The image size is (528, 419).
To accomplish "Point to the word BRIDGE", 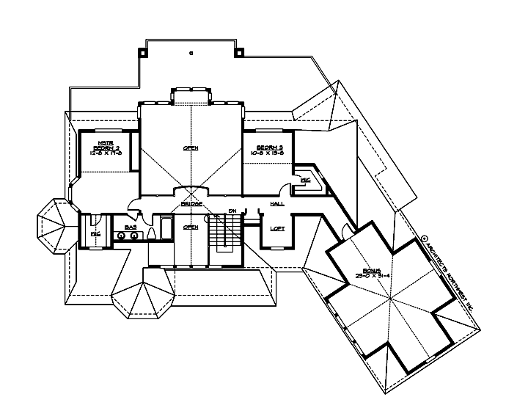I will [x=191, y=203].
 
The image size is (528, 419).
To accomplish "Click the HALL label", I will [x=277, y=203].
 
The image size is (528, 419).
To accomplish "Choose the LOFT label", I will [x=277, y=228].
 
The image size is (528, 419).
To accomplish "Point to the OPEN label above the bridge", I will [x=191, y=147].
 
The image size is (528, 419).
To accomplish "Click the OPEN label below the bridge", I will [x=191, y=227].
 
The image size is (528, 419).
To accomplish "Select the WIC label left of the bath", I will [x=95, y=233].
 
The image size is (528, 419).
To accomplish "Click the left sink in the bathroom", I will [x=121, y=236].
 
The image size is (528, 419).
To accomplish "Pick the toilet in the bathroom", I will [x=150, y=233].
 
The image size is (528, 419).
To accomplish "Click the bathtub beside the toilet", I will [x=165, y=229].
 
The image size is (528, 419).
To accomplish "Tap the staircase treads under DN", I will [x=222, y=234].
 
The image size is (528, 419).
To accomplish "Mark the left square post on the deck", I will [x=144, y=52].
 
